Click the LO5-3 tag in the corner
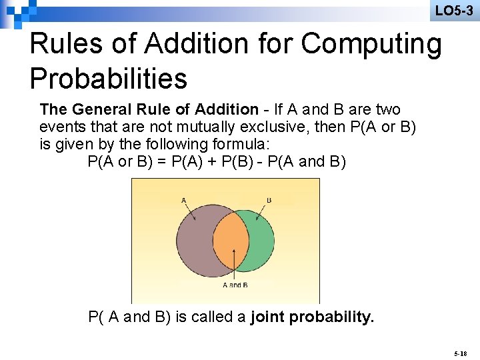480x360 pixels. [x=454, y=11]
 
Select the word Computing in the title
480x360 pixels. [x=371, y=44]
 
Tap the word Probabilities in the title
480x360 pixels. [x=109, y=78]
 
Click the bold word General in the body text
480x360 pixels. [x=98, y=109]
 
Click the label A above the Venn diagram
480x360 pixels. [x=184, y=199]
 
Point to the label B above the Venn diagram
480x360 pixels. [x=269, y=199]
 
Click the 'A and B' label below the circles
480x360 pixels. [x=235, y=285]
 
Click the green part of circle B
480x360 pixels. [x=261, y=240]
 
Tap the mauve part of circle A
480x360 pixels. [x=194, y=240]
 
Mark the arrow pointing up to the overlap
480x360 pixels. [x=234, y=263]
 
